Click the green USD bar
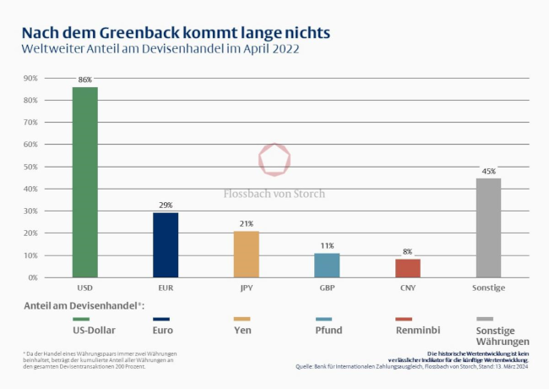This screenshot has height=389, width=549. point(84,182)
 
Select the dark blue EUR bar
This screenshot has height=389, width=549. point(166,244)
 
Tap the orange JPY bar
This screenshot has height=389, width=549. point(246,254)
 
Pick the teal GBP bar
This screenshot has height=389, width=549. point(327,265)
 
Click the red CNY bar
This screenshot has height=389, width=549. point(408,268)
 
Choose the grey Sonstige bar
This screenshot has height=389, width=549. point(488,227)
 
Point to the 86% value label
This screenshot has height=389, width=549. point(84,79)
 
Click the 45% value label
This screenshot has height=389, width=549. point(488,171)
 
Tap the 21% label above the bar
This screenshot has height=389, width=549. point(246,223)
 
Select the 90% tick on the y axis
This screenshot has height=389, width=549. point(30,78)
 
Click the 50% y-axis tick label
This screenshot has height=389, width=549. point(30,167)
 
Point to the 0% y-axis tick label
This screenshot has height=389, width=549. point(32,277)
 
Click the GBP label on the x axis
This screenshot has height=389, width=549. point(327,288)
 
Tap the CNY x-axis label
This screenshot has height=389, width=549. point(408,288)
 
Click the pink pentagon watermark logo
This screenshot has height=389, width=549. point(274,159)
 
